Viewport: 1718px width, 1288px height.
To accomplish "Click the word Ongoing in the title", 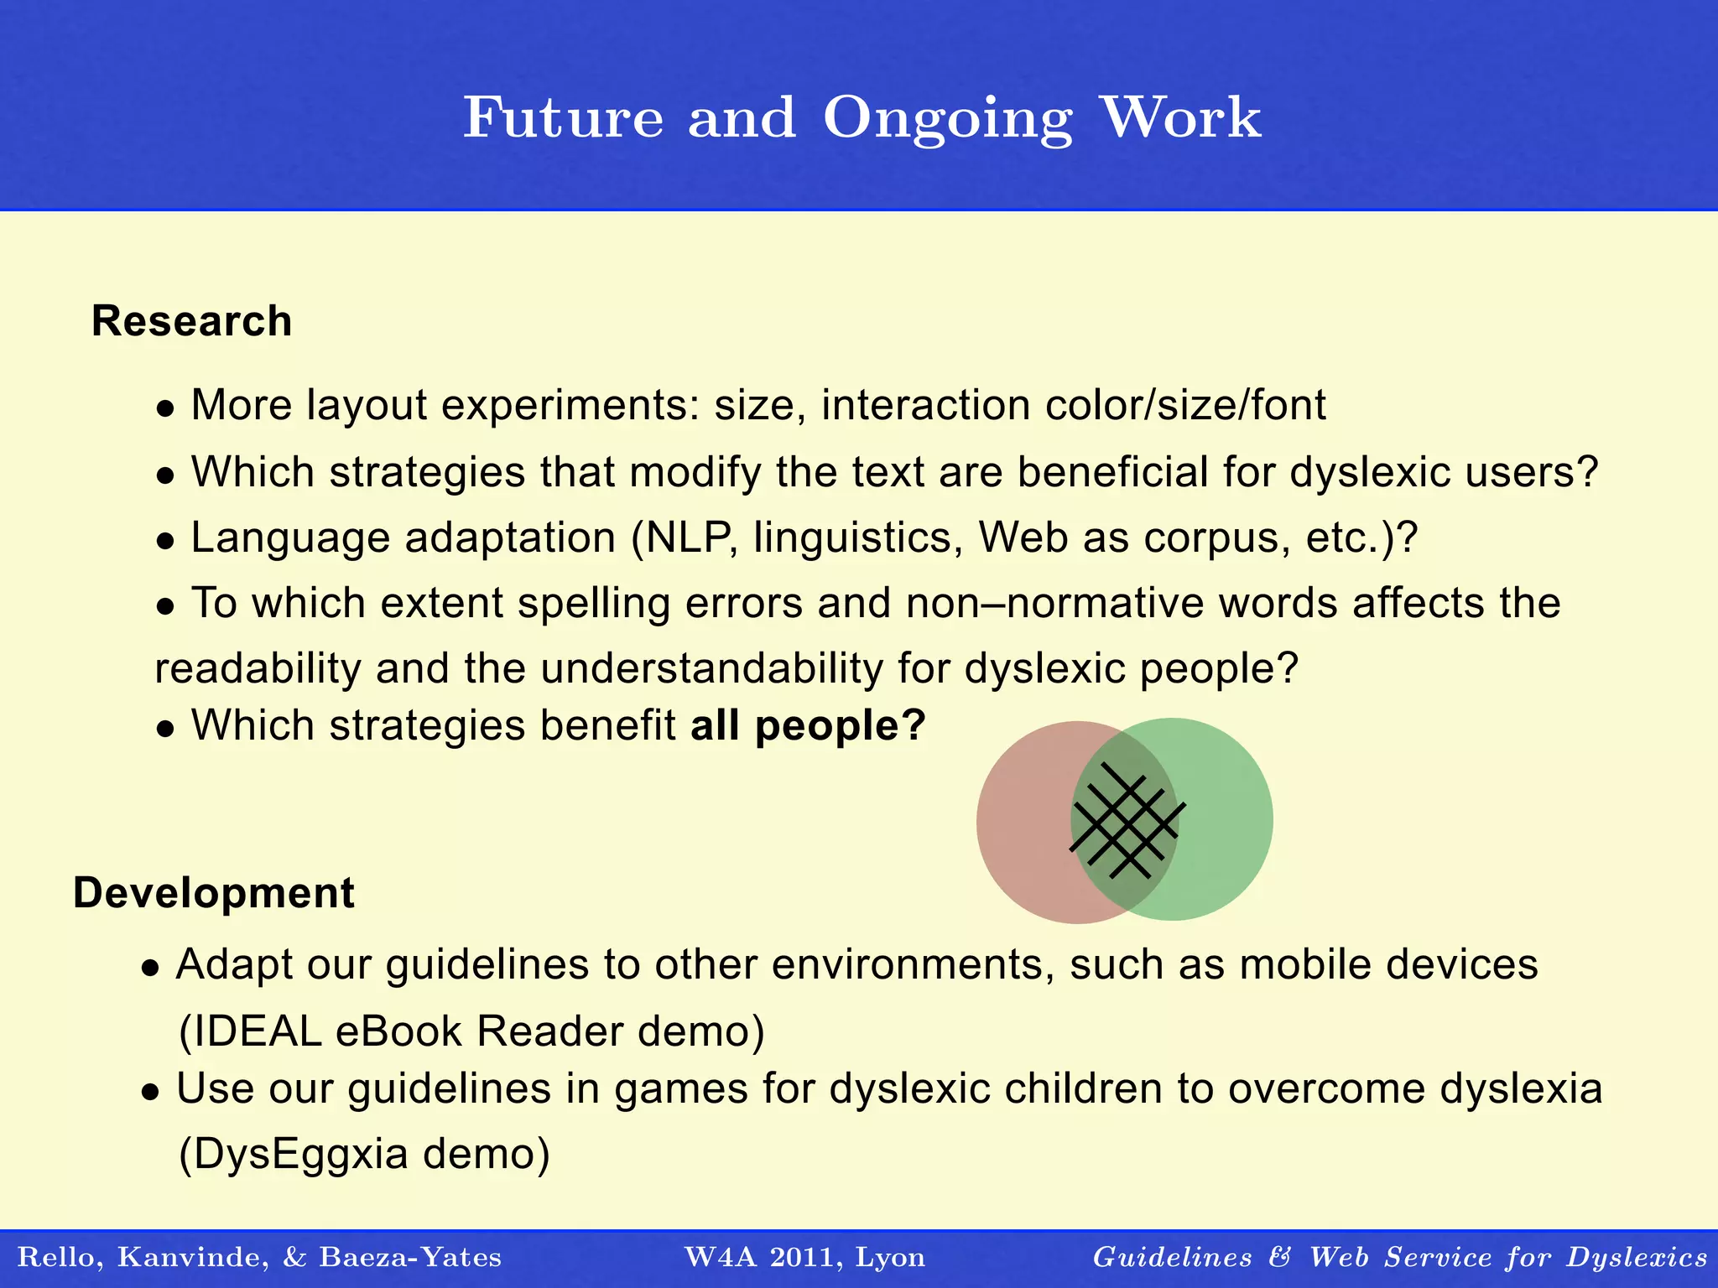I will click(x=947, y=119).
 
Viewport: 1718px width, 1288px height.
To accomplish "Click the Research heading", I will click(x=191, y=321).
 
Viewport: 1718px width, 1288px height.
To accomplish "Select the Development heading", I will click(x=213, y=893).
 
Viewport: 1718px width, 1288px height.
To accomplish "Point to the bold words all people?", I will click(x=807, y=725).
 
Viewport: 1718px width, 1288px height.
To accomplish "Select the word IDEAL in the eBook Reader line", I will click(x=251, y=1031).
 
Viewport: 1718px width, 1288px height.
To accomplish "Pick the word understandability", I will click(x=711, y=669).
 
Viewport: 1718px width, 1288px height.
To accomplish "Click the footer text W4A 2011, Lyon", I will click(x=804, y=1257).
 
